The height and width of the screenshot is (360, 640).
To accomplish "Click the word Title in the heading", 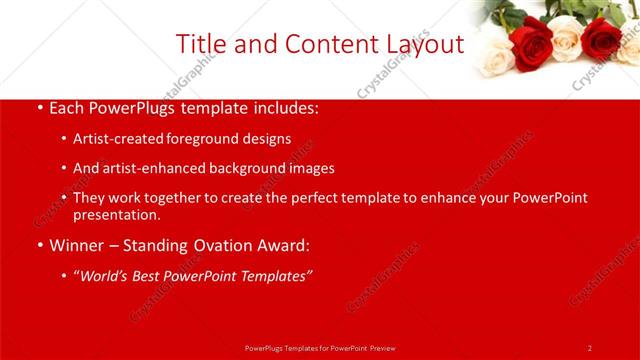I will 200,44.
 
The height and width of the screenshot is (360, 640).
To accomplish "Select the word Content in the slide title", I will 319,44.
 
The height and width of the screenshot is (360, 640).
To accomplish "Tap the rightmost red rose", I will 601,37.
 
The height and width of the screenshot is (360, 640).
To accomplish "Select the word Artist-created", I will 116,138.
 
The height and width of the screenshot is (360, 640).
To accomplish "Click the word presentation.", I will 116,214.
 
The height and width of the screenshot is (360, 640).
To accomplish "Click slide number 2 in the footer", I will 590,348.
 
